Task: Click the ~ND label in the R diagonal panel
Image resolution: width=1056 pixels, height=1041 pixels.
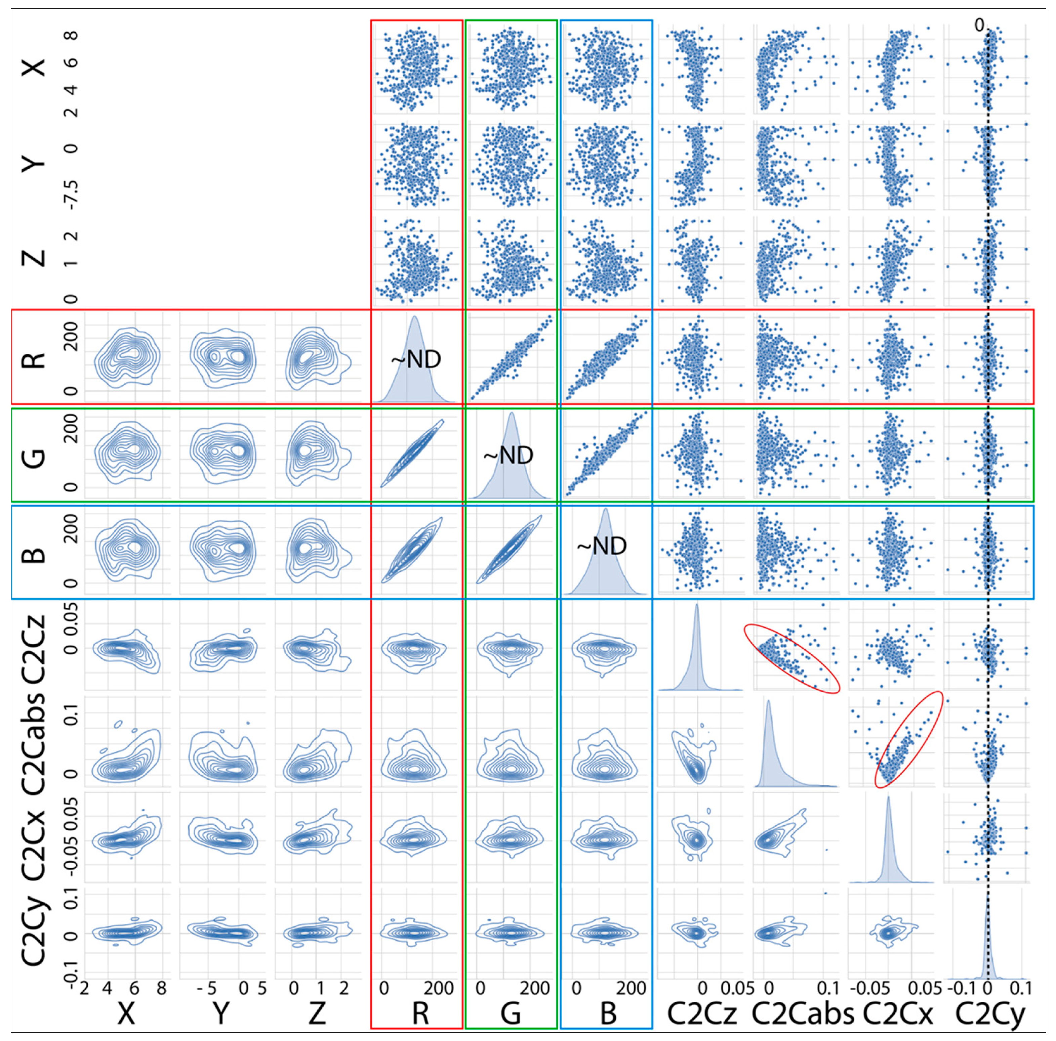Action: pos(416,359)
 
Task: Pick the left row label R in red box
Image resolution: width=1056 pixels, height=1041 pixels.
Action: pos(34,359)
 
